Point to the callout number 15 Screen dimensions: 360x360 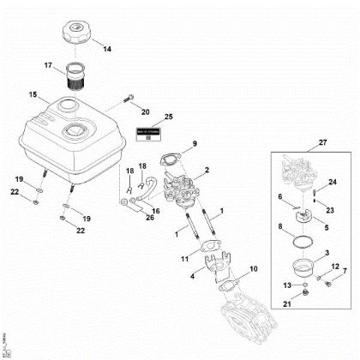[33, 93]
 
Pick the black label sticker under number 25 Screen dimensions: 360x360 [147, 135]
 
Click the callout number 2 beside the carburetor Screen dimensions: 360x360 [207, 173]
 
